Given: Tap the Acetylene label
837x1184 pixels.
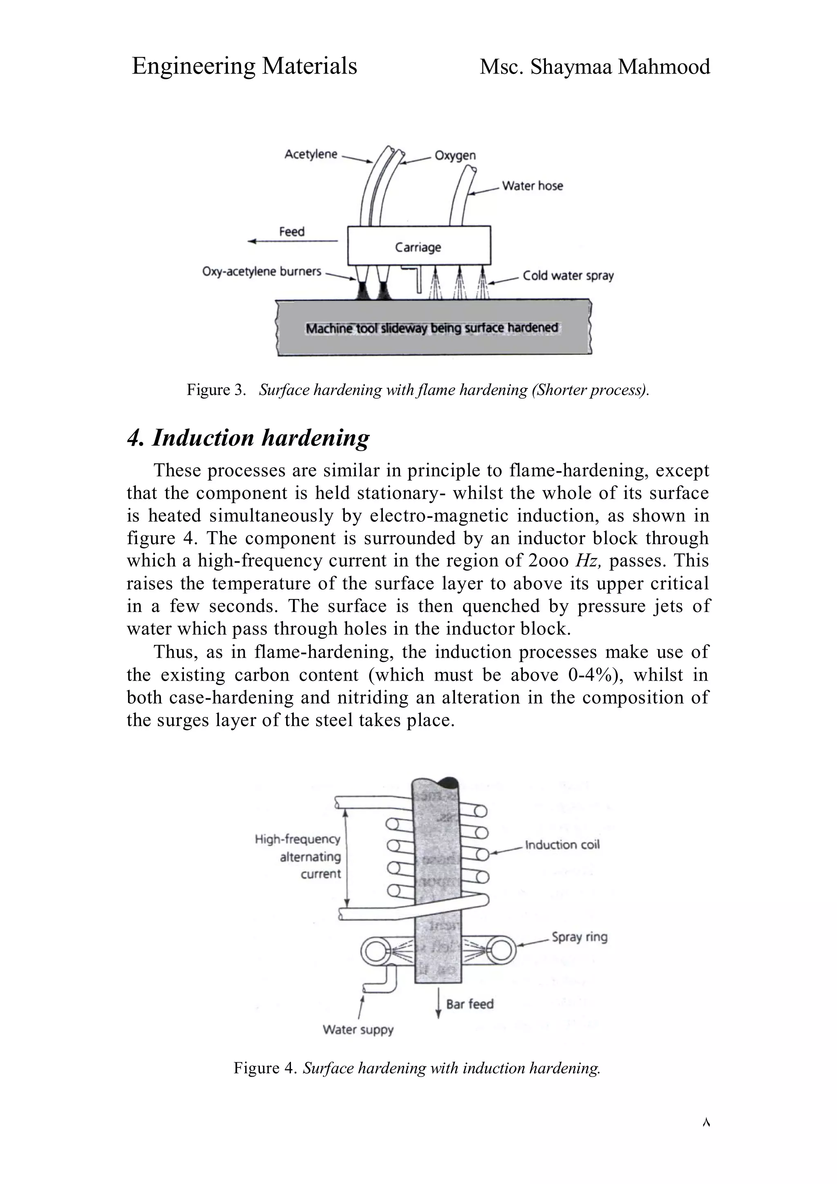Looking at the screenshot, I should [x=311, y=154].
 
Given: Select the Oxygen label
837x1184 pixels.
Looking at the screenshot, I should [x=455, y=155].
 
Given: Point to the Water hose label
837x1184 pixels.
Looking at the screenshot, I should [x=532, y=185].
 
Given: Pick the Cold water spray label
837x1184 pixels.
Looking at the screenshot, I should [x=568, y=275].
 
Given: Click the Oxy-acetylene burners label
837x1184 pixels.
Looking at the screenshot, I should [x=262, y=271].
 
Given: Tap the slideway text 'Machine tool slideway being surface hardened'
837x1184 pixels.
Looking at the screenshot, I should [x=432, y=328].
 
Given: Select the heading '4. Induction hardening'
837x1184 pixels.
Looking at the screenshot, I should [x=248, y=438].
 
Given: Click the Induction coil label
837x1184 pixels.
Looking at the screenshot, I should [x=562, y=844].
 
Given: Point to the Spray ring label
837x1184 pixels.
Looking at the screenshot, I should [x=579, y=937].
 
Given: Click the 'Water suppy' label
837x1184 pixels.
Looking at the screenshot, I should [x=358, y=1030].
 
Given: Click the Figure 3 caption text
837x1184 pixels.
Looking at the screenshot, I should [x=418, y=390].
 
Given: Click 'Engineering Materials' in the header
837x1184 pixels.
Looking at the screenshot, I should [x=244, y=66].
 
